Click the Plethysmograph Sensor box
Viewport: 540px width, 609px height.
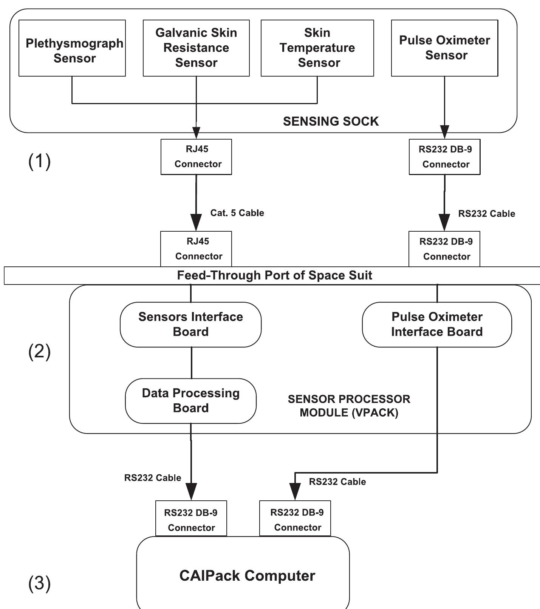[x=72, y=48]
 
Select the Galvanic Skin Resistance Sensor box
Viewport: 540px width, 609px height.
[x=196, y=48]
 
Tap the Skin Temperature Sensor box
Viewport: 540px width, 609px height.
[x=317, y=48]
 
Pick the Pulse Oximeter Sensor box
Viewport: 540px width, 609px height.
[x=444, y=48]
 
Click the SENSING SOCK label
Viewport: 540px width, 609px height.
[x=331, y=121]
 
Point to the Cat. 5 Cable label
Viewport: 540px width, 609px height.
[x=237, y=213]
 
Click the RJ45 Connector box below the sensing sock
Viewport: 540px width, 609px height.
[x=196, y=157]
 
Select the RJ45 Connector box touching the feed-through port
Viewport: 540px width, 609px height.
[x=196, y=249]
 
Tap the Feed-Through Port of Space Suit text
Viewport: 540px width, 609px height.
[x=275, y=275]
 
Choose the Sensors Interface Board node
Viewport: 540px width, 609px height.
[x=190, y=324]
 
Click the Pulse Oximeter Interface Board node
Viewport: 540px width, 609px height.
[x=437, y=324]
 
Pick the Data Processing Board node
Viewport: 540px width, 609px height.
[x=190, y=401]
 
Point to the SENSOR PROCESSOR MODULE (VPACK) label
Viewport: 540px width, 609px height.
[x=349, y=406]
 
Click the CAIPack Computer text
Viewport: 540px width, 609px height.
[x=247, y=576]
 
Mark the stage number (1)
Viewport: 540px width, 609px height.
[x=39, y=161]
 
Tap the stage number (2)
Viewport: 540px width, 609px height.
[x=39, y=352]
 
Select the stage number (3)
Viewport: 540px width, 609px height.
[x=39, y=583]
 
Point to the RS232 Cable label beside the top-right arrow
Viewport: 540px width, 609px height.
[x=486, y=214]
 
